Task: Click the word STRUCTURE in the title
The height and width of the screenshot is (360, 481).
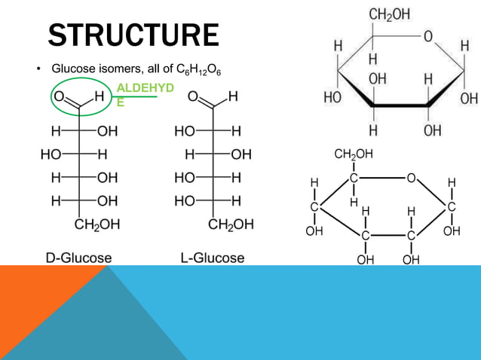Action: click(133, 35)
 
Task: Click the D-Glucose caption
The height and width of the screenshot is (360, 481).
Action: click(78, 258)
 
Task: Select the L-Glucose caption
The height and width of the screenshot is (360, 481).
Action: click(213, 258)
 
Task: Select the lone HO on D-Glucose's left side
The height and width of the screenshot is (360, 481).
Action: click(52, 154)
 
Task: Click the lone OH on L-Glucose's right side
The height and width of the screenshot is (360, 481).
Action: click(241, 154)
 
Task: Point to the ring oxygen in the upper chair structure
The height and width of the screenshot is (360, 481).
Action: click(427, 36)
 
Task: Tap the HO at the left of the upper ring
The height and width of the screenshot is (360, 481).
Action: click(332, 98)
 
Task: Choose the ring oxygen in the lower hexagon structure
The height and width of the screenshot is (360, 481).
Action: click(411, 178)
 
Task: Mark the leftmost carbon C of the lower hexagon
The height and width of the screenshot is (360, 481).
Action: click(314, 207)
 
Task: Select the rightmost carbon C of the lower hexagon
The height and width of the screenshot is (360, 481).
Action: click(451, 207)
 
